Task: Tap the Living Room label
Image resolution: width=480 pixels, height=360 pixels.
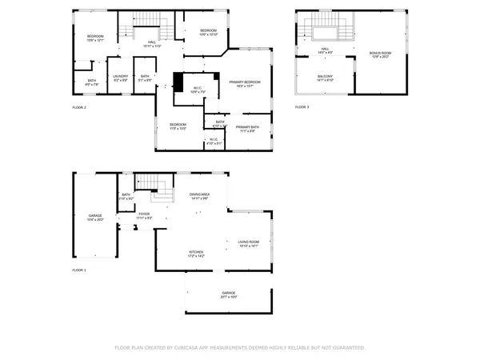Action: pyautogui.click(x=249, y=243)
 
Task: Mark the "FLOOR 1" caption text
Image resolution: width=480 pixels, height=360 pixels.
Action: pyautogui.click(x=79, y=271)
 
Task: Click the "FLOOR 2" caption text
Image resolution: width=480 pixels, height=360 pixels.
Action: pyautogui.click(x=79, y=107)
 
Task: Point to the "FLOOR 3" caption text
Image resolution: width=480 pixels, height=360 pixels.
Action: pyautogui.click(x=301, y=107)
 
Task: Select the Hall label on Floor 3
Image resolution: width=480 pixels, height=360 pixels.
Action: pyautogui.click(x=326, y=50)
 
